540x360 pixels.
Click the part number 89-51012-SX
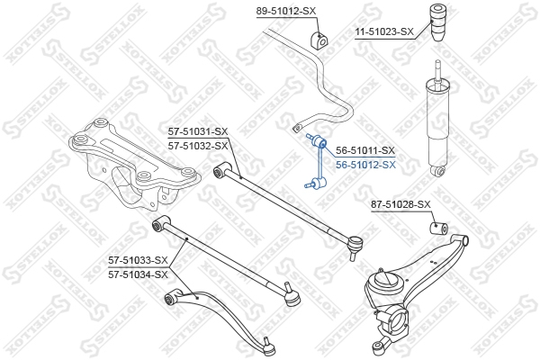pos(285,12)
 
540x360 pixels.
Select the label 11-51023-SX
pos(384,32)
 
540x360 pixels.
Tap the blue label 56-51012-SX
pos(365,165)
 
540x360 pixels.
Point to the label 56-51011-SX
pos(365,150)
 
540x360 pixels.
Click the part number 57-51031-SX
pos(198,131)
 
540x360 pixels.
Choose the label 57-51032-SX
pos(198,147)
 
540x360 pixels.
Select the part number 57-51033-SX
pos(138,260)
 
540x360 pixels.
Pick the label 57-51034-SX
pos(138,274)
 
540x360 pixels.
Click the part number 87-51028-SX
pos(400,204)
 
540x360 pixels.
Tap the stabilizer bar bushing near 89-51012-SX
pos(319,40)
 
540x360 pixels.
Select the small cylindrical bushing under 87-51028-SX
pos(439,228)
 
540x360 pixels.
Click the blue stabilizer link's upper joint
pos(319,141)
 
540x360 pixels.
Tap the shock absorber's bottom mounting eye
pos(438,171)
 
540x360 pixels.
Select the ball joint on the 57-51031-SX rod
pos(355,244)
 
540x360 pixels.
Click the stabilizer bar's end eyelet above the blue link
pos(296,129)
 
